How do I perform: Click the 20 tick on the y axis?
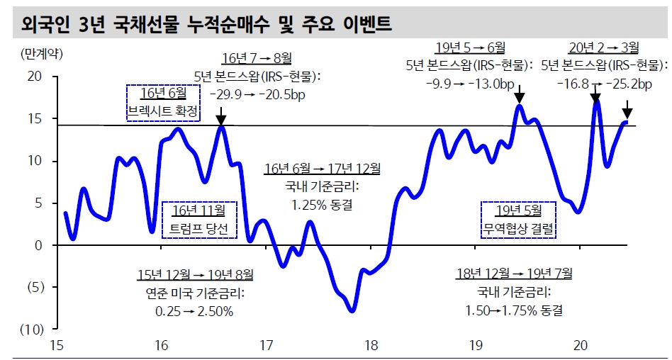[34, 77]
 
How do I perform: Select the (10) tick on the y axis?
[31, 330]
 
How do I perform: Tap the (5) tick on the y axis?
[33, 288]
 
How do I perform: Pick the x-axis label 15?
[57, 345]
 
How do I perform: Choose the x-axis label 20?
[581, 345]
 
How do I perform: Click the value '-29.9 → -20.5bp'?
[256, 94]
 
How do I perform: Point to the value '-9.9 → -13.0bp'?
[469, 84]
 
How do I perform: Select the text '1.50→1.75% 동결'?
[514, 310]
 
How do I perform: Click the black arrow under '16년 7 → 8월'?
[220, 116]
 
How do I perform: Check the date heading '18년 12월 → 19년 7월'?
[514, 273]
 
